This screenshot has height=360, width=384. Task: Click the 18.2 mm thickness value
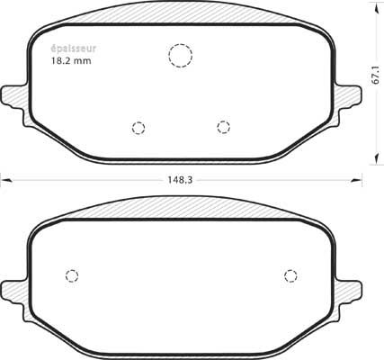point(70,61)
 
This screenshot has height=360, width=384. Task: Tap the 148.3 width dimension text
point(180,179)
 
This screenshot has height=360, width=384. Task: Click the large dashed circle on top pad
point(181,56)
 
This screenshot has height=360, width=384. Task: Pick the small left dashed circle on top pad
point(138,127)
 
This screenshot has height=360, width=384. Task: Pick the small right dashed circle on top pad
point(223,127)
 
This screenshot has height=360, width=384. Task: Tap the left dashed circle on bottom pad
point(73,275)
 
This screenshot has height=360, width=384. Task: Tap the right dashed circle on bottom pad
point(290,275)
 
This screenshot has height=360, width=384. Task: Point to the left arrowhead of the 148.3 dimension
point(4,179)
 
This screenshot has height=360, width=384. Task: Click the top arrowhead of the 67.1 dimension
point(374,5)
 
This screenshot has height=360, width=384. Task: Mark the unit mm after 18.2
point(83,61)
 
